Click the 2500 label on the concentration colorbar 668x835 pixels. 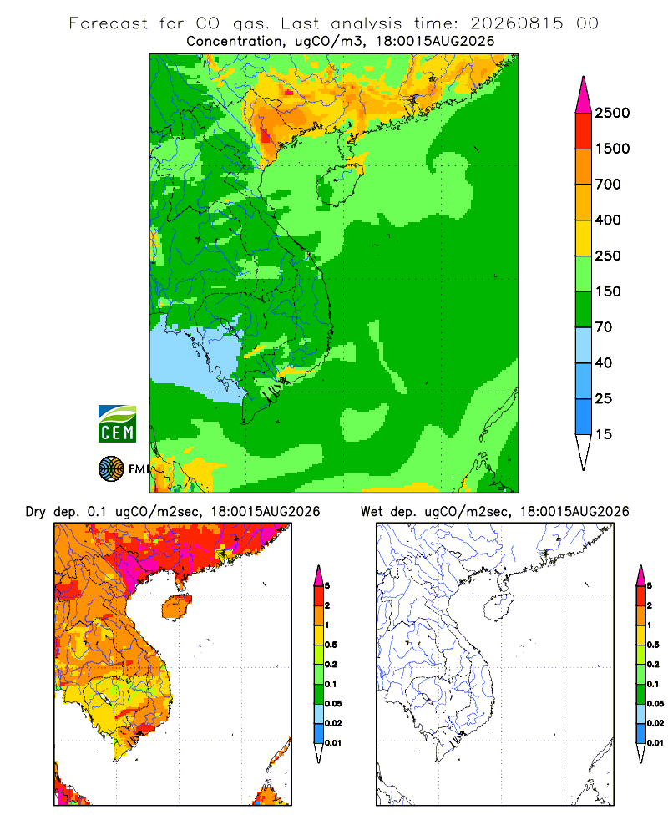[612, 113]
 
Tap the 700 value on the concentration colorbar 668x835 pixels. [608, 185]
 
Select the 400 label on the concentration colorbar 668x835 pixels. [608, 220]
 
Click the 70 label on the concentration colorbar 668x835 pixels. [604, 327]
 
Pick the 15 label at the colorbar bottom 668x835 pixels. [604, 434]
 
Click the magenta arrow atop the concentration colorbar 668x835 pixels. [584, 95]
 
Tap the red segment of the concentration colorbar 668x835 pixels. [584, 131]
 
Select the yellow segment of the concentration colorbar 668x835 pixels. [584, 238]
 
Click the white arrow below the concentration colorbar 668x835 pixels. [584, 451]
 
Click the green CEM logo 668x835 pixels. [117, 424]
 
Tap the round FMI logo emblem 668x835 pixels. [111, 469]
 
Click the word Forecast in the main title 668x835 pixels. [109, 23]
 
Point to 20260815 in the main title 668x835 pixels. [517, 23]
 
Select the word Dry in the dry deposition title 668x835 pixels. [36, 512]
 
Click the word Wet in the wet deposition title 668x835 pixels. [372, 512]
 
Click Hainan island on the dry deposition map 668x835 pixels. [177, 607]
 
